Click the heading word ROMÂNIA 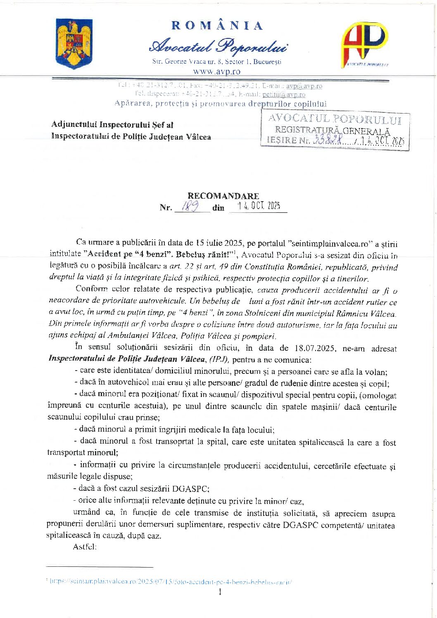click(x=217, y=26)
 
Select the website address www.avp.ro click(x=217, y=71)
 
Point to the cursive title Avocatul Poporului click(x=218, y=46)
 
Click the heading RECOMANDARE click(x=223, y=196)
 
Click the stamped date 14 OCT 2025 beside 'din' click(x=259, y=206)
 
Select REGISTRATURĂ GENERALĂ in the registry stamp click(x=332, y=131)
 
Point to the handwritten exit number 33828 click(x=328, y=140)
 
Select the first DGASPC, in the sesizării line click(x=190, y=488)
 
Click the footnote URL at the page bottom click(x=170, y=581)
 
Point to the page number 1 click(x=220, y=592)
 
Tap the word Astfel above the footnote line click(x=85, y=547)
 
